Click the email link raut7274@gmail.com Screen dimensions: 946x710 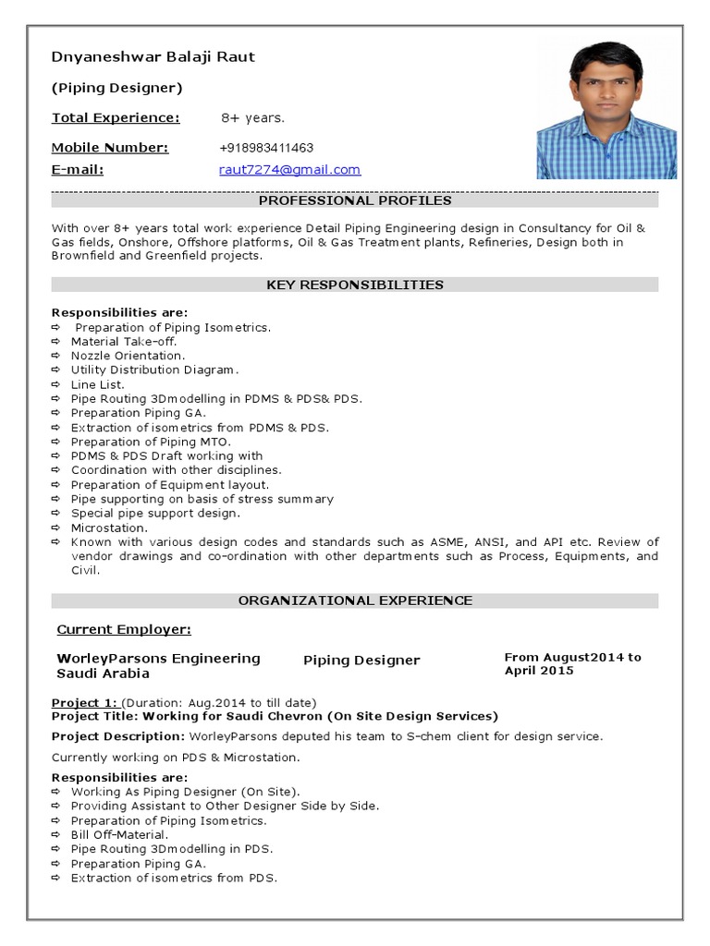tap(289, 170)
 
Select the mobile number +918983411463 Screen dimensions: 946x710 tap(266, 148)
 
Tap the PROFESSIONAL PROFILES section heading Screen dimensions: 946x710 tap(355, 200)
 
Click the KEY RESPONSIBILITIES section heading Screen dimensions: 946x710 tap(355, 285)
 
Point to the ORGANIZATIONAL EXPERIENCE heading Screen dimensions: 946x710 tap(355, 600)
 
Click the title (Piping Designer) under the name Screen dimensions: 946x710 tap(116, 88)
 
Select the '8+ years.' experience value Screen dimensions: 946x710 tap(252, 118)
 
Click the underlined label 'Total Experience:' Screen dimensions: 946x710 tap(116, 118)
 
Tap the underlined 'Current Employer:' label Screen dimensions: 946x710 tap(124, 630)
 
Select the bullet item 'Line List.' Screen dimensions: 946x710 tap(97, 384)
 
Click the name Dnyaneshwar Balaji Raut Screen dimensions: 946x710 tap(153, 57)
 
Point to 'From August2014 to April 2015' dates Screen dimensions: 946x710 tap(572, 663)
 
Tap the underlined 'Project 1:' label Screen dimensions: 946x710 tap(84, 702)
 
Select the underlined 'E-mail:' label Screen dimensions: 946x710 tap(77, 170)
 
